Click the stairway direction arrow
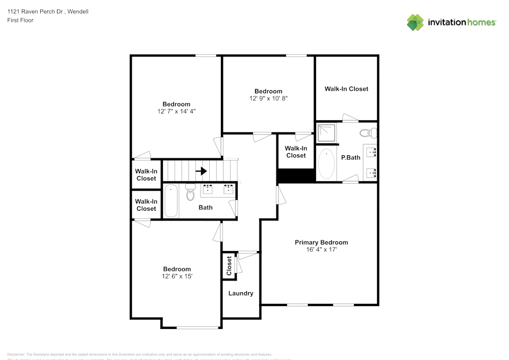coord(201,171)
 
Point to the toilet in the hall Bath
coord(190,192)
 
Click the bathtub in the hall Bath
coord(171,202)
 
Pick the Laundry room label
coord(241,293)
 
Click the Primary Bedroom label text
coord(321,242)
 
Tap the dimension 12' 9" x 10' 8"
coord(268,98)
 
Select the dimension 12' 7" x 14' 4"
coord(176,111)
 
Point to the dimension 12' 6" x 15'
coord(177,276)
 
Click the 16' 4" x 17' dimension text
coord(321,250)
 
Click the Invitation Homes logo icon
coord(415,22)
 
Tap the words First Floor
coord(20,20)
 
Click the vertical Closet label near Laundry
coord(229,266)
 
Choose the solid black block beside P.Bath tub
coord(295,176)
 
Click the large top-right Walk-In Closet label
coord(346,89)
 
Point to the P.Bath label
coord(350,157)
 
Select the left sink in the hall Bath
coord(208,189)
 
